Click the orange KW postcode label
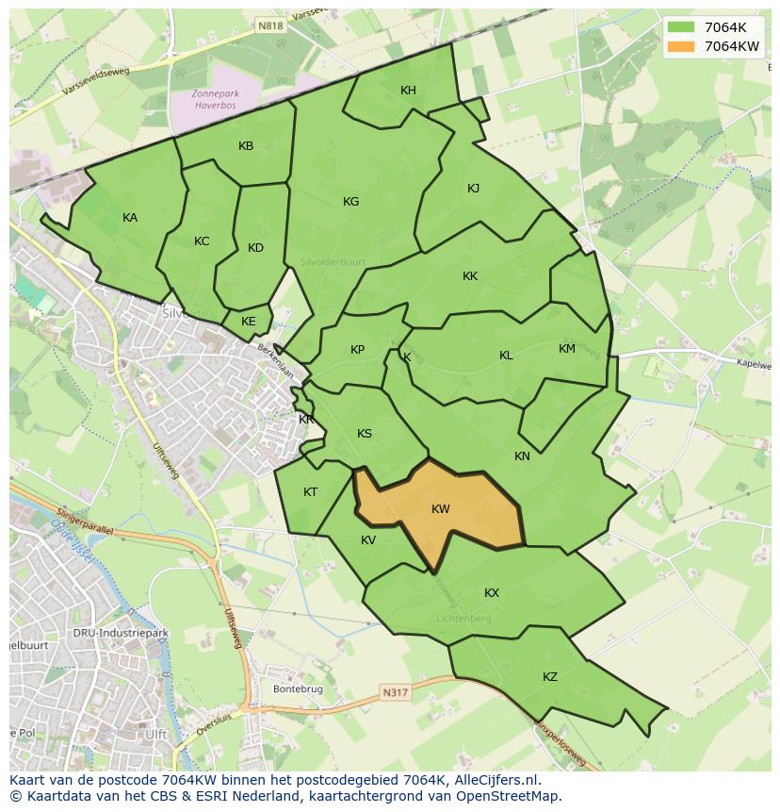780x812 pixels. pyautogui.click(x=440, y=509)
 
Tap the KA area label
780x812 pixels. pyautogui.click(x=130, y=218)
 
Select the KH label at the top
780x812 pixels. pyautogui.click(x=408, y=91)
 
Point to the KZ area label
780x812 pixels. pyautogui.click(x=550, y=677)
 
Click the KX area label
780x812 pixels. pyautogui.click(x=492, y=593)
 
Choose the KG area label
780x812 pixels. pyautogui.click(x=351, y=202)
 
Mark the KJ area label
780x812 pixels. pyautogui.click(x=473, y=189)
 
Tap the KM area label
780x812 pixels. pyautogui.click(x=566, y=349)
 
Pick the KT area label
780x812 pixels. pyautogui.click(x=310, y=492)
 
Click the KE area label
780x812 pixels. pyautogui.click(x=248, y=322)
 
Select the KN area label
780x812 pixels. pyautogui.click(x=522, y=456)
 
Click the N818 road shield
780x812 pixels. pyautogui.click(x=270, y=27)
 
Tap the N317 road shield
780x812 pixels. pyautogui.click(x=396, y=693)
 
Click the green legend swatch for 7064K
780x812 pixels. pyautogui.click(x=680, y=27)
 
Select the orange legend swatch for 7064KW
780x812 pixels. pyautogui.click(x=680, y=46)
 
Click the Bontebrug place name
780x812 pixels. pyautogui.click(x=298, y=689)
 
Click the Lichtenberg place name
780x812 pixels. pyautogui.click(x=463, y=619)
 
